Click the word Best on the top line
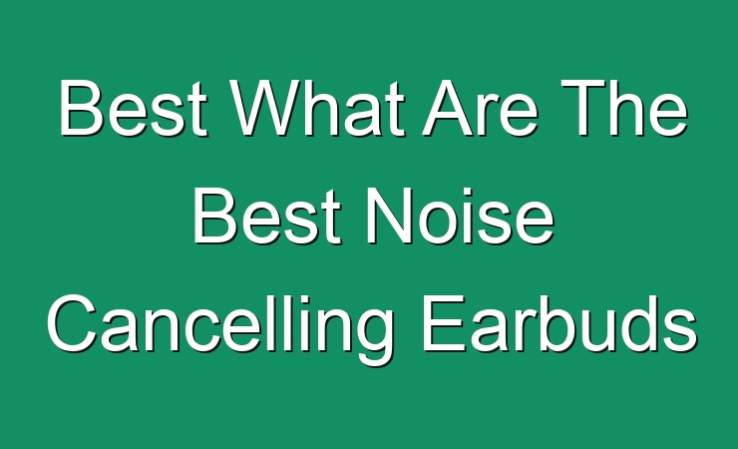coord(133,108)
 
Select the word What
coord(319,108)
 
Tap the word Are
coord(480,108)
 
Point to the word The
coord(624,108)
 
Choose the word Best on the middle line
coord(266,217)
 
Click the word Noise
coord(460,217)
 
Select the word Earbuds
coord(558,324)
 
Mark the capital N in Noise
coord(389,217)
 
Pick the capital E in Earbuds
coord(444,323)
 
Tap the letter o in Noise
coord(440,224)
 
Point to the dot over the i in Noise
coord(473,192)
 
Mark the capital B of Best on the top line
coord(81,108)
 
